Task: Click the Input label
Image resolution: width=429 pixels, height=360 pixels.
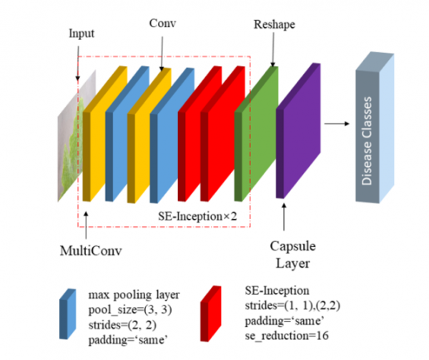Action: tap(81, 33)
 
